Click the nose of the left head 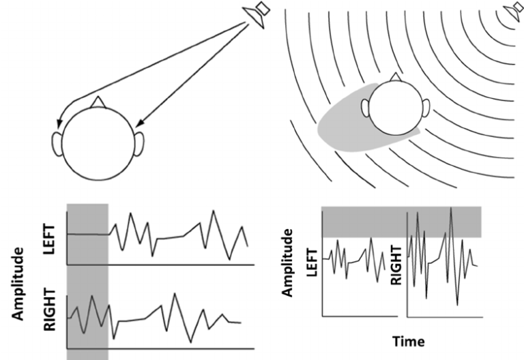100,101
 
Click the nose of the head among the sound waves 395,76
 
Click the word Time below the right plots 407,340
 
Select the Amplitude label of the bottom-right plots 289,262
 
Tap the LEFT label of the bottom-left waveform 48,238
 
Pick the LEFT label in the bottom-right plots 313,262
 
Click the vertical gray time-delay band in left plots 87,280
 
